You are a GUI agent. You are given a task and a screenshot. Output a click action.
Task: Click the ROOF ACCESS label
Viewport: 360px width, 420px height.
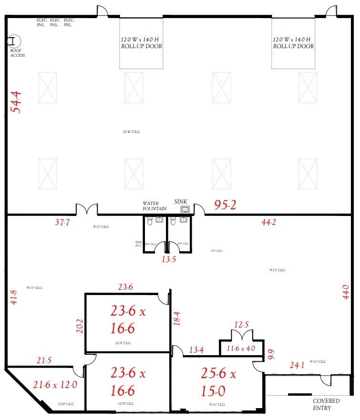point(17,53)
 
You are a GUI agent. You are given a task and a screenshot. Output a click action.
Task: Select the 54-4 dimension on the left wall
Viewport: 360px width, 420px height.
point(17,102)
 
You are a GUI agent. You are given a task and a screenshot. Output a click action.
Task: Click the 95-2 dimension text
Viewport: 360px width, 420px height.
point(225,205)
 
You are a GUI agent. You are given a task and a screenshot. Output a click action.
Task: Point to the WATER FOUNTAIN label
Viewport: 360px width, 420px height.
point(154,206)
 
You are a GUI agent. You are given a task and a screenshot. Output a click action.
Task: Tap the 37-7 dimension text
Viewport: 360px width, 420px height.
point(62,222)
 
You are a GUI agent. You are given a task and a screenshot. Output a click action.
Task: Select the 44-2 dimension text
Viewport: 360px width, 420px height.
point(269,222)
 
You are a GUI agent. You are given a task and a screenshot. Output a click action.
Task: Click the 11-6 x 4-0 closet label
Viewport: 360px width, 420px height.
point(240,348)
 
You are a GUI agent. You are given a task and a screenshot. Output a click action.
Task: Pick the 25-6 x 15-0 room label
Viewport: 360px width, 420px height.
point(218,382)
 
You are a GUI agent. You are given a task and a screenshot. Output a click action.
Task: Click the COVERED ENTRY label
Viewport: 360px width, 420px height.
point(327,404)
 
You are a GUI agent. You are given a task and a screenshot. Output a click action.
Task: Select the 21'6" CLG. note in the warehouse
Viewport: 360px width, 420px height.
point(131,132)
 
